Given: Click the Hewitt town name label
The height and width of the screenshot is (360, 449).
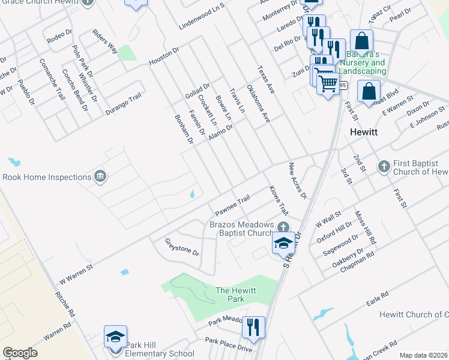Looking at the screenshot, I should [364, 132].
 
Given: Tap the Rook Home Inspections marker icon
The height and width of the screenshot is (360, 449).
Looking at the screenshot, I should [101, 176].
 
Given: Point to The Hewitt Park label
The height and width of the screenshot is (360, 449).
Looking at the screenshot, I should [236, 294].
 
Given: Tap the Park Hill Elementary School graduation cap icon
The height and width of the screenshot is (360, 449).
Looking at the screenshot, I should [115, 337].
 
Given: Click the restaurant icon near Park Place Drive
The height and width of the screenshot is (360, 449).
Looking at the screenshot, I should [253, 328].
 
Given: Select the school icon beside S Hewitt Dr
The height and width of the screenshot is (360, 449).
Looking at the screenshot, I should [283, 243].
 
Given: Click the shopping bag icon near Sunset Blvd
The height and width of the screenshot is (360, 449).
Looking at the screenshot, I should [369, 91].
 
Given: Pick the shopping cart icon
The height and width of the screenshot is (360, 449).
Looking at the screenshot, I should [327, 83].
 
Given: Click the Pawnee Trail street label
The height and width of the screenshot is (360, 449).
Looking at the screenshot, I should [232, 206].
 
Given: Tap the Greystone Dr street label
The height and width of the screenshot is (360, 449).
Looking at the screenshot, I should [182, 246].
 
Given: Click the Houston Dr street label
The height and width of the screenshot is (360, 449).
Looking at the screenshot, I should [164, 57].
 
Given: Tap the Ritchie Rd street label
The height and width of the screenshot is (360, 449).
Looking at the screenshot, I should [64, 304].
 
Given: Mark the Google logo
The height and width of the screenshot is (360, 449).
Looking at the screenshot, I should [19, 353].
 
